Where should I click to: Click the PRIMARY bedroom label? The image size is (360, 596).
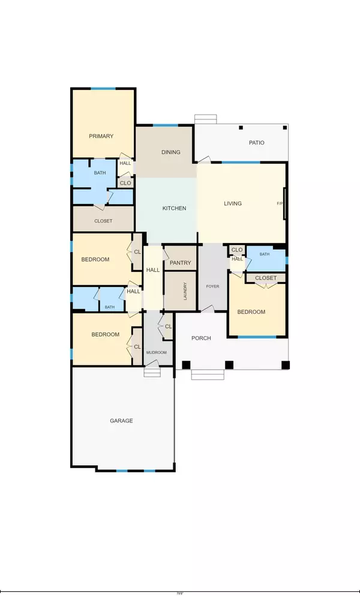[101, 136]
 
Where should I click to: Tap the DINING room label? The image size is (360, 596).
[171, 152]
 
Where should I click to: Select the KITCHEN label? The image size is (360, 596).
[175, 208]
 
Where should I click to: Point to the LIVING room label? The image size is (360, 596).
[233, 203]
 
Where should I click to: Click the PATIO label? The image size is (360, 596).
[257, 142]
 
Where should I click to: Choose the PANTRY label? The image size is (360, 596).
[180, 263]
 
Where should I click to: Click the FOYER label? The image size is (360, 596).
[212, 286]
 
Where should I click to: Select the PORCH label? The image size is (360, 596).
[201, 338]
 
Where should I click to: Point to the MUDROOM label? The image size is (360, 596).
[157, 352]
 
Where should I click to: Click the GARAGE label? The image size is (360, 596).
[121, 421]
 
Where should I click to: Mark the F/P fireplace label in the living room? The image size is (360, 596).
[280, 203]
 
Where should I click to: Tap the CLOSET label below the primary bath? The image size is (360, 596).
[103, 221]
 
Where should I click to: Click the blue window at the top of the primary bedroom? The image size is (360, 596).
[103, 89]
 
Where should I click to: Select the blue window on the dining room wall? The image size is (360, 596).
[165, 125]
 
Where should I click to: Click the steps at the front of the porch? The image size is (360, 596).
[208, 375]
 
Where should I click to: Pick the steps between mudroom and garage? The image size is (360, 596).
[152, 372]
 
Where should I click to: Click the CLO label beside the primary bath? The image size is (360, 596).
[125, 183]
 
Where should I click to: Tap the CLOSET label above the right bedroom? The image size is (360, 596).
[266, 278]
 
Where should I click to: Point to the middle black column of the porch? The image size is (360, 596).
[229, 364]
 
